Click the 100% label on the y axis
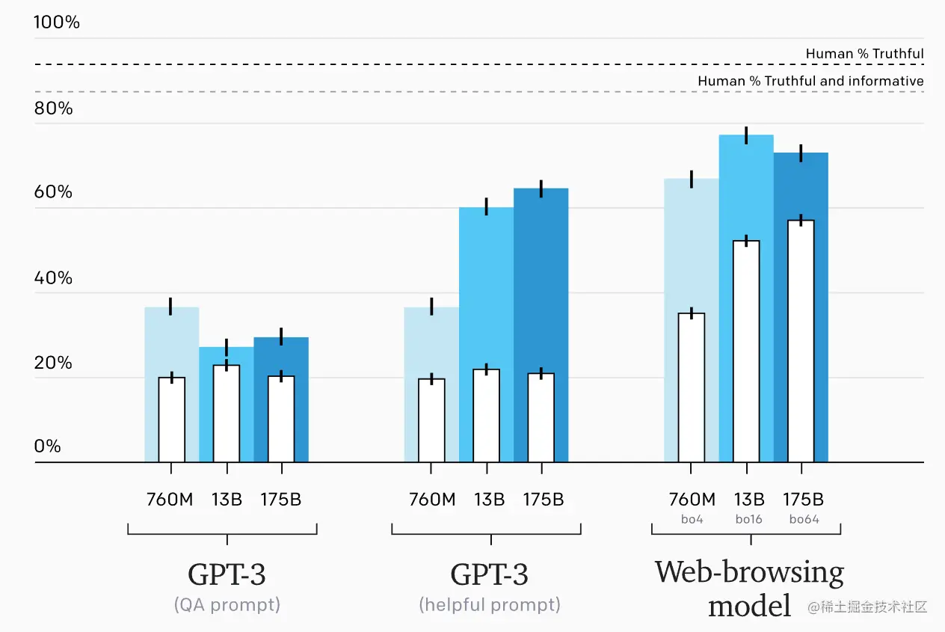click(x=57, y=22)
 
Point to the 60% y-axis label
click(x=53, y=192)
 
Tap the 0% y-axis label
click(x=47, y=447)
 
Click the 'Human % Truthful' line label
click(x=864, y=54)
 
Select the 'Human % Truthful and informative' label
click(x=810, y=81)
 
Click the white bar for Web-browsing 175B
click(x=801, y=341)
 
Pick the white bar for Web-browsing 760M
click(x=692, y=387)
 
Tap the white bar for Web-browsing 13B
click(x=746, y=352)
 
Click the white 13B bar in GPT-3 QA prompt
click(x=227, y=414)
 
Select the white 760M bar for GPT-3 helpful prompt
click(x=431, y=420)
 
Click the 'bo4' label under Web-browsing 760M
click(x=692, y=518)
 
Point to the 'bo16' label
click(x=748, y=518)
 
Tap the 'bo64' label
click(x=804, y=518)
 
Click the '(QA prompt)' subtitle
click(x=227, y=604)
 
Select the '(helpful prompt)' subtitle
click(x=490, y=604)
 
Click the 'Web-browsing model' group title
click(x=750, y=588)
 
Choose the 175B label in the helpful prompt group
click(x=543, y=500)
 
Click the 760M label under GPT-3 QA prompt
click(x=170, y=500)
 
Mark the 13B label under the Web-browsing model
click(x=748, y=500)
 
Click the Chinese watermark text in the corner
click(x=867, y=607)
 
